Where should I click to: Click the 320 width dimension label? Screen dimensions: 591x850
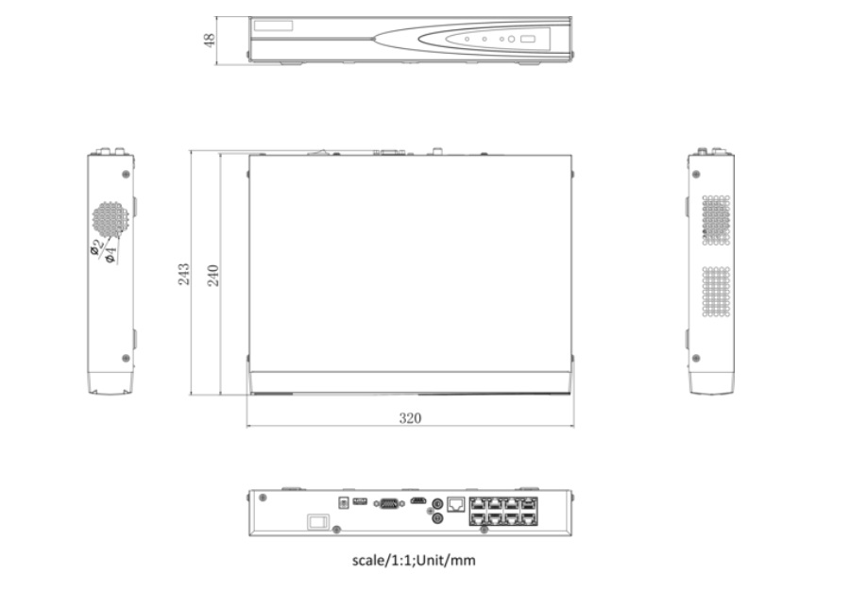[409, 417]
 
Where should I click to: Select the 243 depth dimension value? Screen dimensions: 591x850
[185, 274]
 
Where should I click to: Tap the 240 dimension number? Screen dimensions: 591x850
[213, 274]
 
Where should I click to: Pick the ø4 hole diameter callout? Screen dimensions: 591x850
[110, 253]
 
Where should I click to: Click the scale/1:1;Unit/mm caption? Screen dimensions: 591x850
[414, 561]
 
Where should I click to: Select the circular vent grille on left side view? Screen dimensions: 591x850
[110, 219]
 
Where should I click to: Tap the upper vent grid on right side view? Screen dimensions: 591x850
[716, 219]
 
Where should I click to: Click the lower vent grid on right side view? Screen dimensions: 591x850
[716, 291]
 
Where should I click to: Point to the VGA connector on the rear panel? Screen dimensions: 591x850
[387, 503]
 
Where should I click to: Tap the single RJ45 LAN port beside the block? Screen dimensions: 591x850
[455, 504]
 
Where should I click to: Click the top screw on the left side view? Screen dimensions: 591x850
[126, 174]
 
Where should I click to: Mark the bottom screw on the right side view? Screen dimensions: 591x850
[697, 359]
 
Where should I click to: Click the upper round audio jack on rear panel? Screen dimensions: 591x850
[436, 504]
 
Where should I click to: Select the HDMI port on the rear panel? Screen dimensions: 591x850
[416, 501]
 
